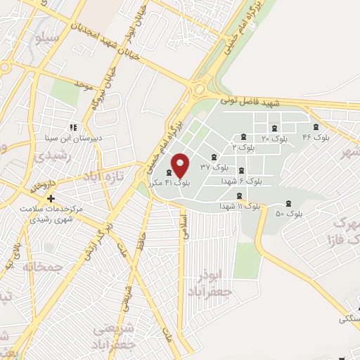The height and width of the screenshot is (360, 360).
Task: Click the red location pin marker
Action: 181,165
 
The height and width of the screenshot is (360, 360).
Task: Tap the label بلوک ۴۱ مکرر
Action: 169,183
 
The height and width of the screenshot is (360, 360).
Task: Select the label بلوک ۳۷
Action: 214,167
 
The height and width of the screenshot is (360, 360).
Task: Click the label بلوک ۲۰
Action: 274,139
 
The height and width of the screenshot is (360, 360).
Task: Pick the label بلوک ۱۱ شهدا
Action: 239,207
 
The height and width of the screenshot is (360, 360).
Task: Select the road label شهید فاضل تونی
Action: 250,103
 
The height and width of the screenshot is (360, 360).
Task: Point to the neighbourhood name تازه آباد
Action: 106,174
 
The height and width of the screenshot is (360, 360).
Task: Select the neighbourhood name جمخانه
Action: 43,268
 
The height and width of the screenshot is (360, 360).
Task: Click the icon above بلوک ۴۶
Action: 316,127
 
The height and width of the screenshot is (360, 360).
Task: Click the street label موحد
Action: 83,86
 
